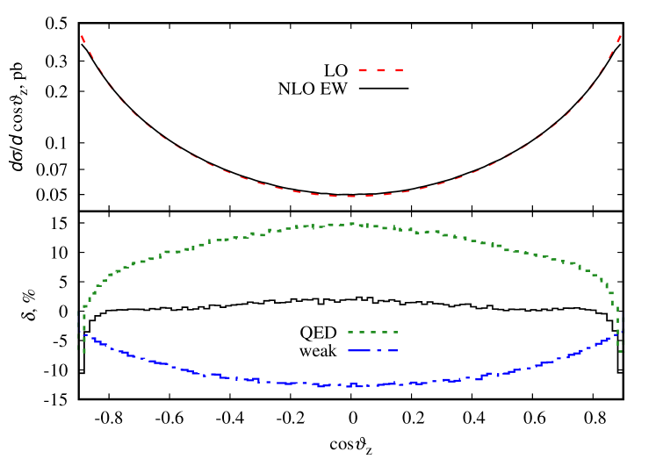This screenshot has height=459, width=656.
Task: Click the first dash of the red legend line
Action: pyautogui.click(x=363, y=69)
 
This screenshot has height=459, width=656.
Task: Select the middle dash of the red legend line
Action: pyautogui.click(x=381, y=69)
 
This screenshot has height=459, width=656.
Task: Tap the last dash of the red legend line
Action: pyautogui.click(x=399, y=69)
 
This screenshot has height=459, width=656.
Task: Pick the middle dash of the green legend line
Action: pyautogui.click(x=372, y=332)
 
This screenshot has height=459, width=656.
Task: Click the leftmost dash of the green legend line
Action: pyautogui.click(x=350, y=332)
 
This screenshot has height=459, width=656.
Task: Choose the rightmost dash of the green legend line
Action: pyautogui.click(x=394, y=332)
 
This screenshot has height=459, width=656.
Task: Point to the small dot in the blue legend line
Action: pyautogui.click(x=379, y=350)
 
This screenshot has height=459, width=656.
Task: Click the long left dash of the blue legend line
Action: pyautogui.click(x=361, y=350)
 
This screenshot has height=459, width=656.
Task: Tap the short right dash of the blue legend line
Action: pyautogui.click(x=392, y=350)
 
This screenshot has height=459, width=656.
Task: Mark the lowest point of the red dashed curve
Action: pyautogui.click(x=351, y=196)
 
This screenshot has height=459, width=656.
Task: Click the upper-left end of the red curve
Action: pyautogui.click(x=82, y=36)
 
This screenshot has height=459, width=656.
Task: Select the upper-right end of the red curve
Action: pyautogui.click(x=621, y=36)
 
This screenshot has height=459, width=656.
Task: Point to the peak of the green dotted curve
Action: pyautogui.click(x=351, y=224)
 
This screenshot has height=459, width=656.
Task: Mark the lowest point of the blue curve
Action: pyautogui.click(x=351, y=384)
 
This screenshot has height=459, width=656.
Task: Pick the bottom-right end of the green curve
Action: pyautogui.click(x=622, y=351)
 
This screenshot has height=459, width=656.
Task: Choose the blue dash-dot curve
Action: pyautogui.click(x=220, y=377)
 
